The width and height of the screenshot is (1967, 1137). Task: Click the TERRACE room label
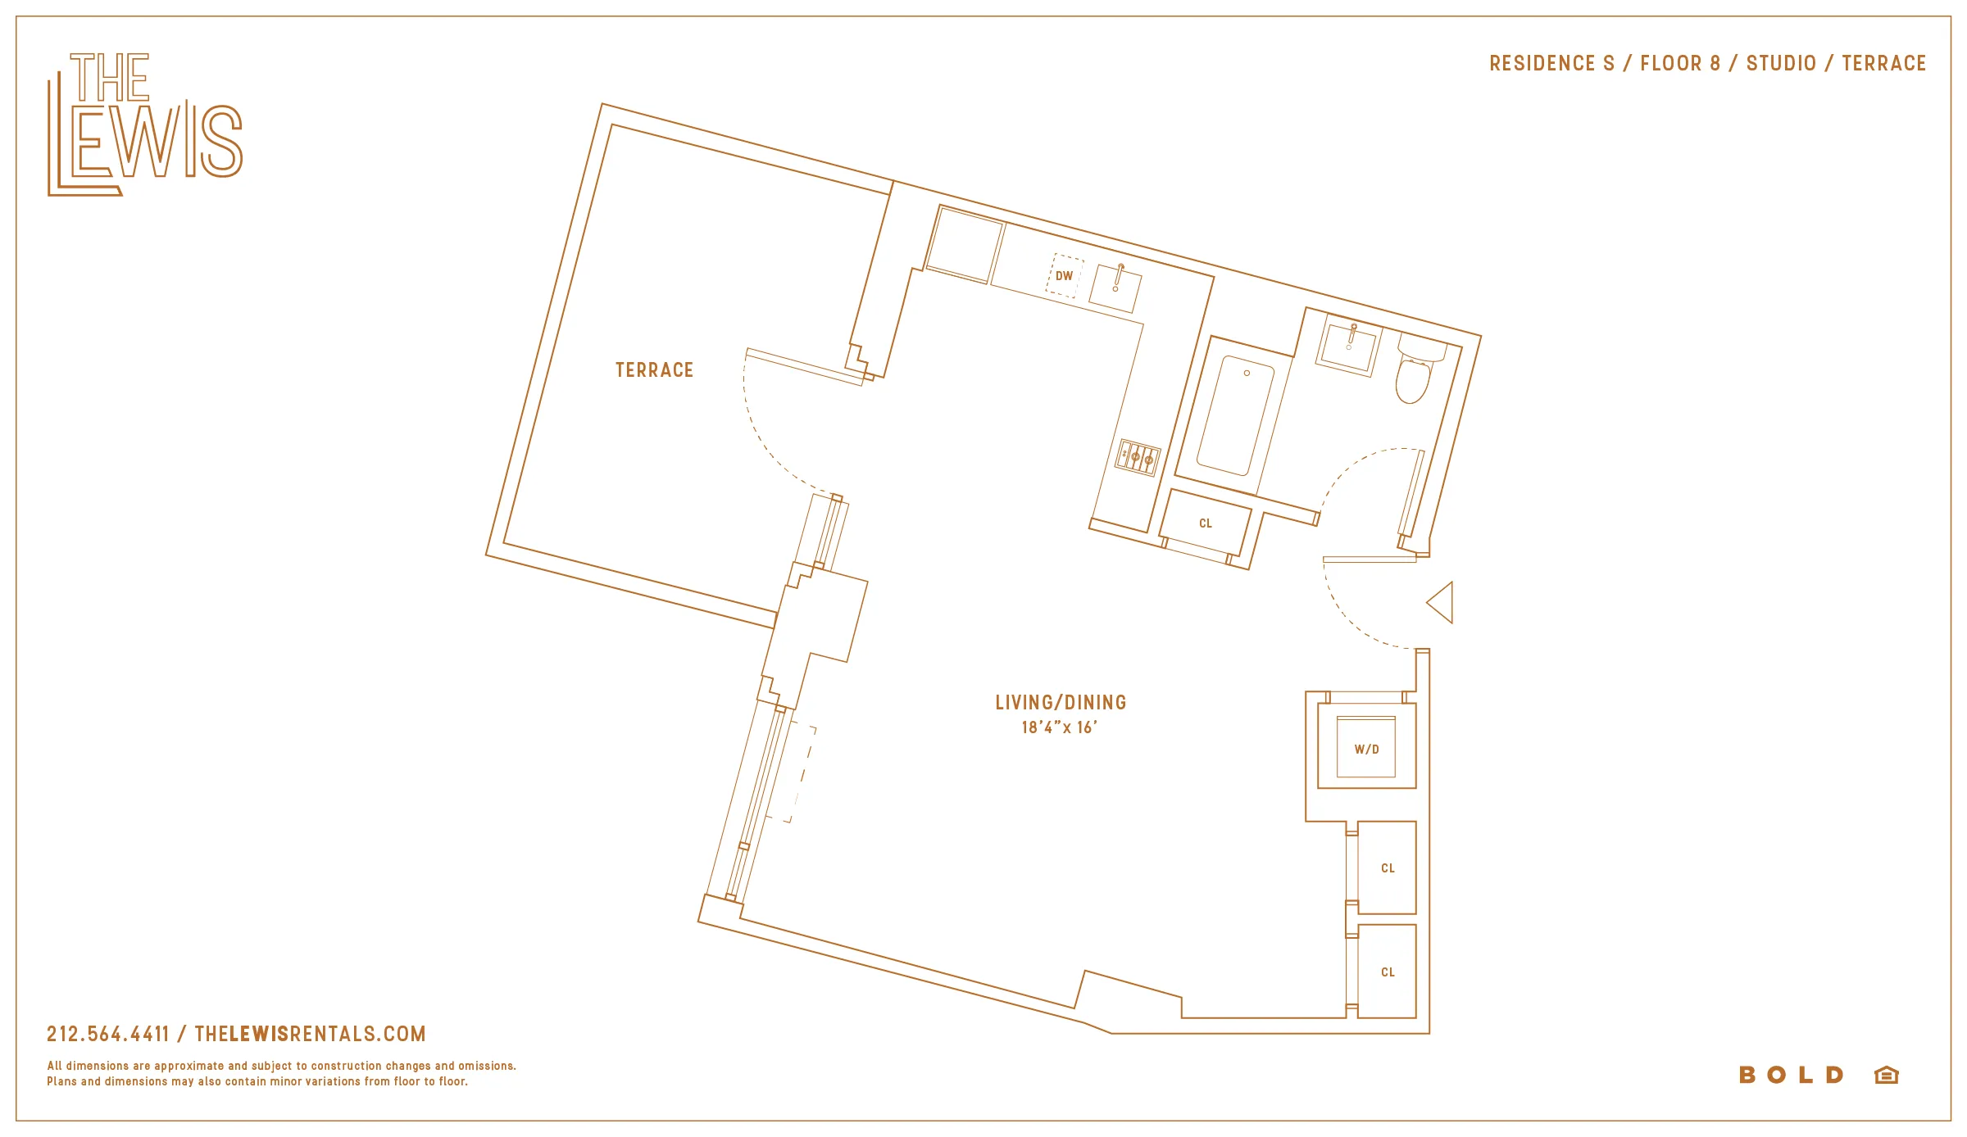(654, 370)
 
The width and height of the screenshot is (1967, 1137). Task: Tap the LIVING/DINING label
(1061, 702)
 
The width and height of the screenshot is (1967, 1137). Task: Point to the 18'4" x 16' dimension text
(1059, 727)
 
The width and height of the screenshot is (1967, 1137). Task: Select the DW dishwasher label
(1064, 276)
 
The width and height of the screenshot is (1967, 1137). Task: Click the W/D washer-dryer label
(1366, 750)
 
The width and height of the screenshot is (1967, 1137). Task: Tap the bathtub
(1236, 416)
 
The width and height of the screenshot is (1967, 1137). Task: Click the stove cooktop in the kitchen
(1138, 458)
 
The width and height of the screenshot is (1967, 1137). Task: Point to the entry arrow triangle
(1442, 603)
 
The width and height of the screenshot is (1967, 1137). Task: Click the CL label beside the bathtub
(1205, 523)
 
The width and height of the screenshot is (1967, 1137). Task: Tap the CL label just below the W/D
(1388, 868)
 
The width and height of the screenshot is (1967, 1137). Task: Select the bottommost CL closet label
(1388, 972)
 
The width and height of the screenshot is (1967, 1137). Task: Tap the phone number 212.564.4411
(108, 1034)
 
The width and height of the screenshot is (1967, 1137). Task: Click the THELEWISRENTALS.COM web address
(310, 1034)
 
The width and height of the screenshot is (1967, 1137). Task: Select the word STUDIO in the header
(1781, 63)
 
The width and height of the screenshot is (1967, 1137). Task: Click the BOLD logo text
(1792, 1075)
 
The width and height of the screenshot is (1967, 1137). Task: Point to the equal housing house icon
(1887, 1075)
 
